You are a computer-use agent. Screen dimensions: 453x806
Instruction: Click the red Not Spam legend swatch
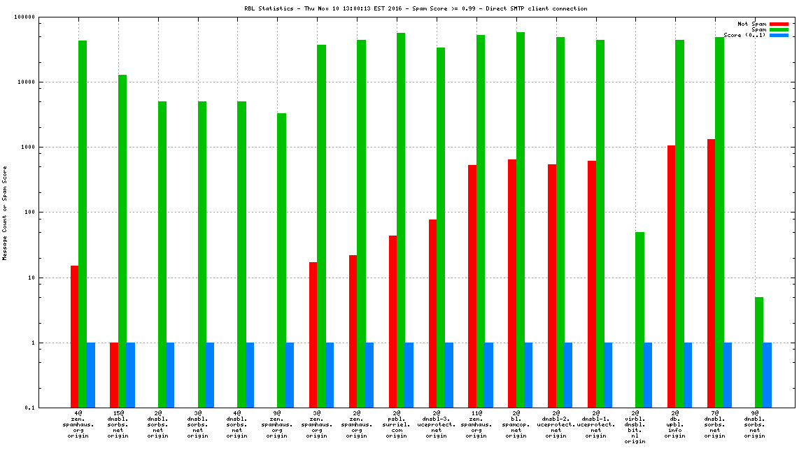(x=779, y=24)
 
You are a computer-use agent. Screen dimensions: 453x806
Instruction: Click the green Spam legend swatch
(x=779, y=29)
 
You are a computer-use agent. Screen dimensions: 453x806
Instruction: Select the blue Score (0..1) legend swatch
(x=779, y=35)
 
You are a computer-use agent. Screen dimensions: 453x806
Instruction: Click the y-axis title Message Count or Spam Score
(x=4, y=213)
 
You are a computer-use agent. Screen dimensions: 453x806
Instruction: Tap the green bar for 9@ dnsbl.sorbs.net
(x=759, y=352)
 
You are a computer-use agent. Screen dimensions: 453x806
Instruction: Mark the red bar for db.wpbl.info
(x=671, y=277)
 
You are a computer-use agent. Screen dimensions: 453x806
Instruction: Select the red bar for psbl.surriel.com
(x=393, y=322)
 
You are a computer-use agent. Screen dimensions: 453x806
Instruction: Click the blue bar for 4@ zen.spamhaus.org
(x=91, y=375)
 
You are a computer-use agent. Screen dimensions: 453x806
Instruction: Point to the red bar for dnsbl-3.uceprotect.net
(x=432, y=314)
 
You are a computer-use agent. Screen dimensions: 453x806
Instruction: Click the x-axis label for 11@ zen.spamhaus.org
(x=476, y=425)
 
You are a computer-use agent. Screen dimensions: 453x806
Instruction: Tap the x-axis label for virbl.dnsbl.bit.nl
(x=635, y=428)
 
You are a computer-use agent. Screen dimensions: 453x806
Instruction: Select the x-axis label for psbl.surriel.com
(x=397, y=425)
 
